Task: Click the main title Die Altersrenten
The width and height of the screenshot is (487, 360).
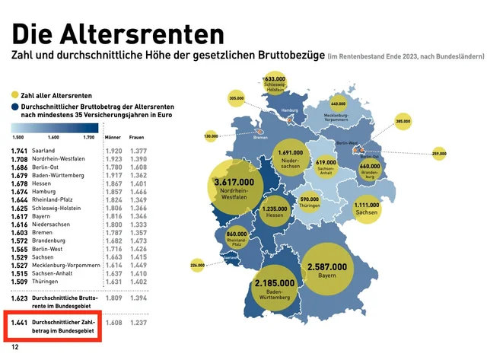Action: tap(117, 33)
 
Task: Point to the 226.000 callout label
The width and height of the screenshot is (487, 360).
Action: tap(198, 265)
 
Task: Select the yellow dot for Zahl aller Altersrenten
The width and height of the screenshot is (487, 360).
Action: tap(15, 95)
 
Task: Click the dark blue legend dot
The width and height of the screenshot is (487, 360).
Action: tap(15, 108)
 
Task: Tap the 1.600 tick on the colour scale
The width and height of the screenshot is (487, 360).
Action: tap(54, 138)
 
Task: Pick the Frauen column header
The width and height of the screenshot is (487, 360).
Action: tap(138, 138)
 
